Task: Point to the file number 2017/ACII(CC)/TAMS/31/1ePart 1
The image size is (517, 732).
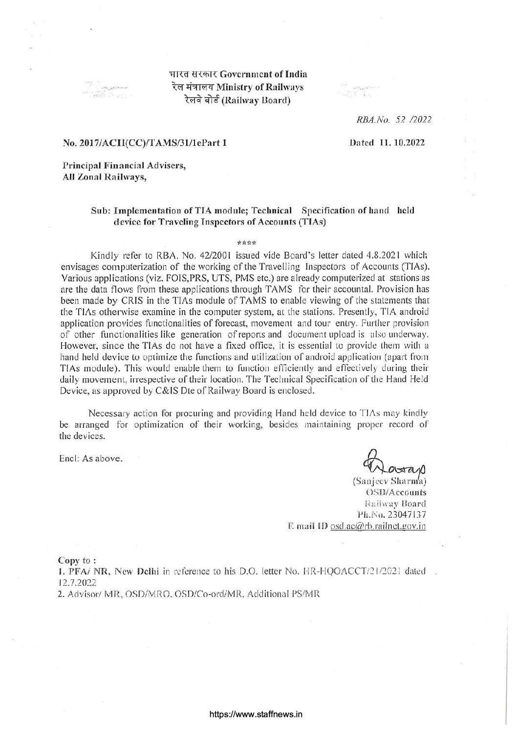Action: click(145, 143)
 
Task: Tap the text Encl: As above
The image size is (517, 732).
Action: click(91, 458)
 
